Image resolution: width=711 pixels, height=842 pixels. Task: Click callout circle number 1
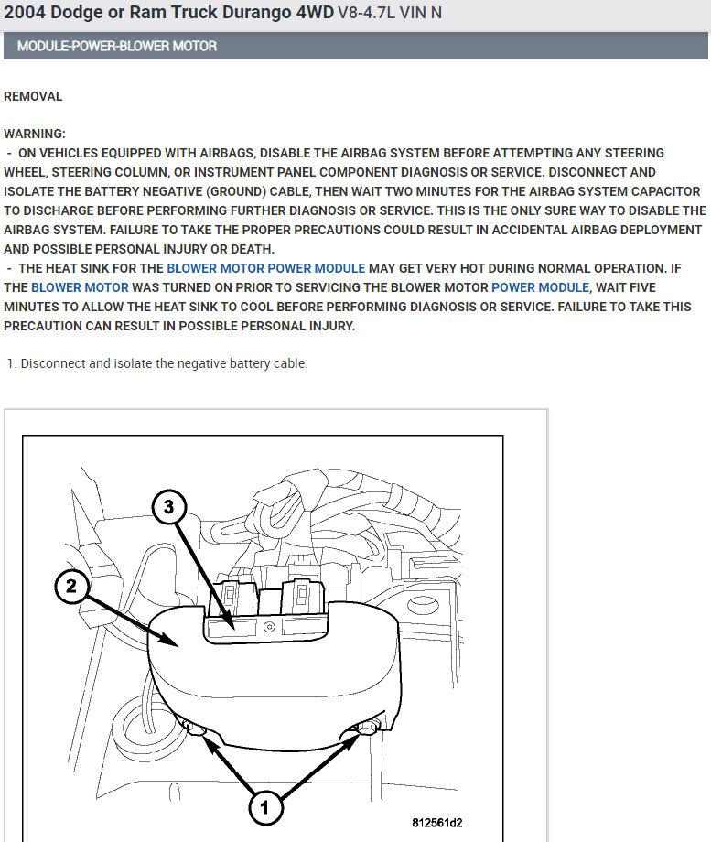coord(264,807)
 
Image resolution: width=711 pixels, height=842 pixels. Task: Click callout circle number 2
coord(71,587)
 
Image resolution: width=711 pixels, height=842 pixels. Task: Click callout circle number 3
coord(168,507)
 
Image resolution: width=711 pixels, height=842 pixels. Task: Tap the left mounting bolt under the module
coord(196,729)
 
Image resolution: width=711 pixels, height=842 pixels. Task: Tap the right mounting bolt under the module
coord(368,729)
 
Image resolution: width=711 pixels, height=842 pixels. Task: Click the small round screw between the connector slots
coord(270,627)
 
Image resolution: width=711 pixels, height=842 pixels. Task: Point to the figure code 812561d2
coord(437,823)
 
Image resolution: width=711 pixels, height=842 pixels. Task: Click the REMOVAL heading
coord(33,96)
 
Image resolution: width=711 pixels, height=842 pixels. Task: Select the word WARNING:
coord(35,134)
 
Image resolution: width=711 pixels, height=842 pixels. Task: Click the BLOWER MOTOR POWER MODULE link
coord(265,268)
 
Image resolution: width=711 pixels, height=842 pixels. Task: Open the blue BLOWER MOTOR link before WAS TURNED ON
coord(80,287)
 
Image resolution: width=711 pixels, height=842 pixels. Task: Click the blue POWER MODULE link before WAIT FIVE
coord(540,287)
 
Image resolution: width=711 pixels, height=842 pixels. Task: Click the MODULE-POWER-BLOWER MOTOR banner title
coord(117,46)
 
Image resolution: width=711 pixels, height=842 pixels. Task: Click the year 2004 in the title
coord(25,12)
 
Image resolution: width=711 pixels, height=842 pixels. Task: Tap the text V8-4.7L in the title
coord(366,12)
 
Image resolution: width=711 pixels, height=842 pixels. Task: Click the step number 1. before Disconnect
coord(12,363)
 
